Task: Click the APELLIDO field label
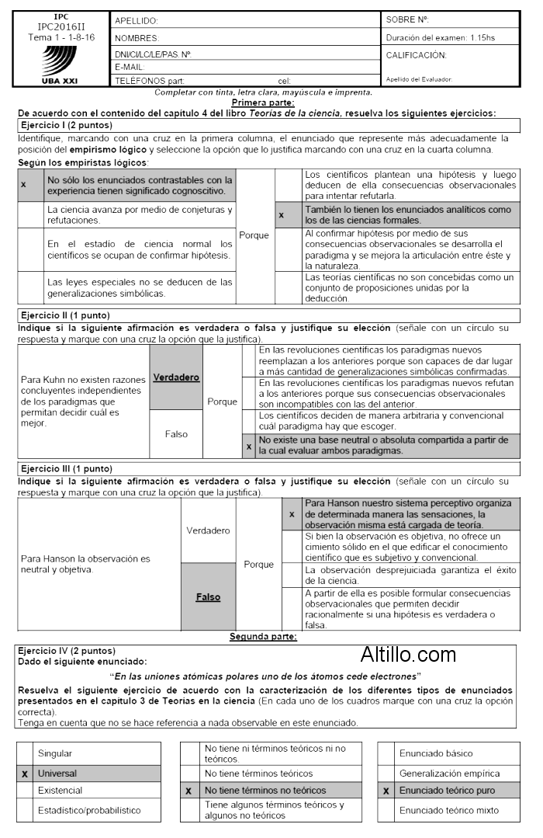(x=137, y=21)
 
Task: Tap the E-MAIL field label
(x=130, y=68)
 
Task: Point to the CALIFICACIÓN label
(x=417, y=55)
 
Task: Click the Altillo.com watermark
(x=408, y=655)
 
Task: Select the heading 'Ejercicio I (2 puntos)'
(x=67, y=125)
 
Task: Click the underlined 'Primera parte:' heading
(x=263, y=103)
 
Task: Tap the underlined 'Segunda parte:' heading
(x=263, y=637)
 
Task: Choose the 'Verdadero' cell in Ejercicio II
(x=176, y=377)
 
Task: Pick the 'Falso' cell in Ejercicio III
(x=208, y=597)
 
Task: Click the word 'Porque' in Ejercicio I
(x=254, y=235)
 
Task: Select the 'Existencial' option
(x=61, y=790)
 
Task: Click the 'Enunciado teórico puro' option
(x=447, y=791)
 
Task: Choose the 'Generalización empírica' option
(x=449, y=774)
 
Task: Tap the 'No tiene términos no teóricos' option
(x=265, y=791)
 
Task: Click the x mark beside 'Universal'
(x=25, y=774)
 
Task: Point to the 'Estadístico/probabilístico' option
(x=89, y=810)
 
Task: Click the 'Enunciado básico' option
(x=435, y=753)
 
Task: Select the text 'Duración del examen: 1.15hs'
(x=440, y=37)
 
